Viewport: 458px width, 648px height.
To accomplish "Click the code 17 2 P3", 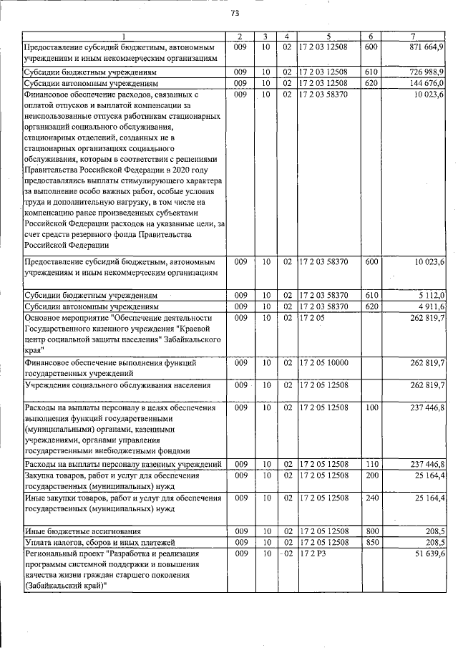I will point(313,555).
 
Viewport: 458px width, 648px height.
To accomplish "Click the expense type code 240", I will point(371,497).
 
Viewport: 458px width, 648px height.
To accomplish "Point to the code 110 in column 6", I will point(371,465).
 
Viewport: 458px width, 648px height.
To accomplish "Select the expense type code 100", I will point(371,407).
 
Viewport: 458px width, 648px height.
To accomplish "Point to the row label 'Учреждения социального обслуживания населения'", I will point(107,385).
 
